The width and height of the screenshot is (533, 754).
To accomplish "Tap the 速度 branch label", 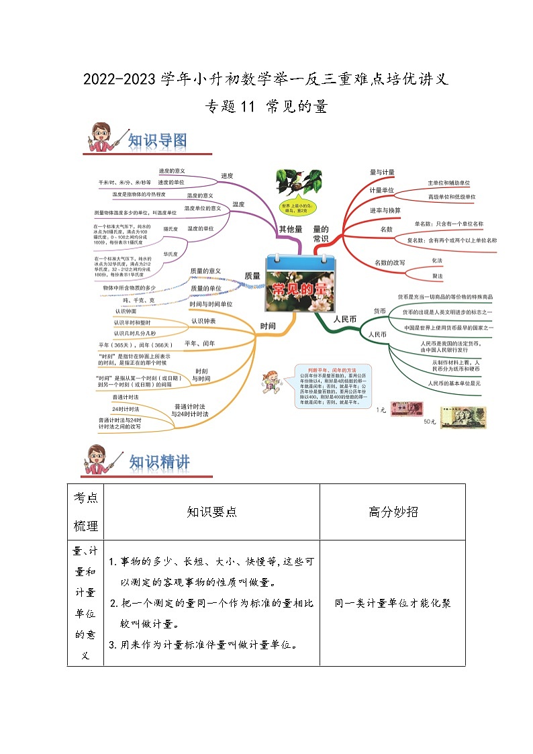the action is [227, 176].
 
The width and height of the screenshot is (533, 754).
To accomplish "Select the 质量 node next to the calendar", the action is [252, 275].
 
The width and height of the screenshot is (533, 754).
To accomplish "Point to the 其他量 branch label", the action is [291, 230].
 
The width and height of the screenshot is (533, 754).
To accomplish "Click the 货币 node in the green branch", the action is [379, 312].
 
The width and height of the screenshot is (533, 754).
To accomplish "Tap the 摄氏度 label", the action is [171, 229].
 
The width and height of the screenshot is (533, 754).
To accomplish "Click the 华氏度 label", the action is [171, 254].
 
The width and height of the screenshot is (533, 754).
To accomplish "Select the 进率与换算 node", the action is [385, 210].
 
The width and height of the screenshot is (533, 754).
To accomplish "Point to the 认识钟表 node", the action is [203, 321].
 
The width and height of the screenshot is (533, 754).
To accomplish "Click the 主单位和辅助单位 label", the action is [448, 183].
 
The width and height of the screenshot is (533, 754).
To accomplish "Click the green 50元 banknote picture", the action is [463, 417].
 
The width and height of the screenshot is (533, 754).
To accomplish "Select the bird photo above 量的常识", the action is [298, 183].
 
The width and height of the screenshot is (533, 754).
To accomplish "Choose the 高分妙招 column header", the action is [393, 512].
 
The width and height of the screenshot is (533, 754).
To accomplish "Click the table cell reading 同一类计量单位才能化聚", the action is [392, 603].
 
